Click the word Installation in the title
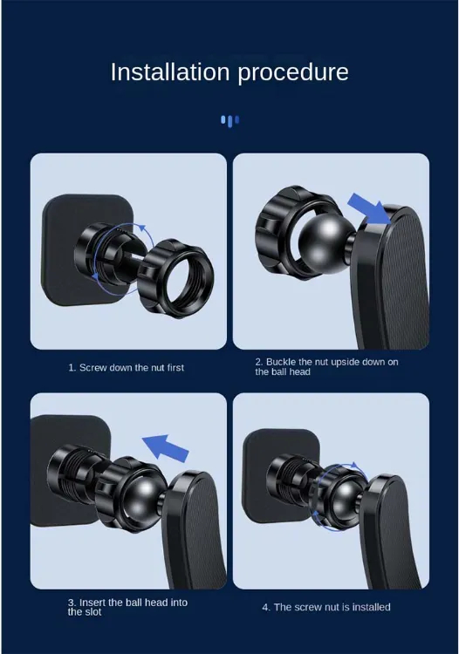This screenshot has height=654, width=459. coord(170,72)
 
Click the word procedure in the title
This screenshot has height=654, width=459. coord(293,73)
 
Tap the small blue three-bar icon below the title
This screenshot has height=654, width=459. coord(229,121)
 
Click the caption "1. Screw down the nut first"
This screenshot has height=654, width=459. coord(126,368)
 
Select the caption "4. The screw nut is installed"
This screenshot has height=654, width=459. coord(326,607)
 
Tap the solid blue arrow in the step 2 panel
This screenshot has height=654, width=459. coord(369,208)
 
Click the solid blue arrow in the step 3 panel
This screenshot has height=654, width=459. coord(165,448)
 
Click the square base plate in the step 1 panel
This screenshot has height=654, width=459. coord(87,249)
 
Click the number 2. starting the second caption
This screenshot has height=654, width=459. coord(259,362)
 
